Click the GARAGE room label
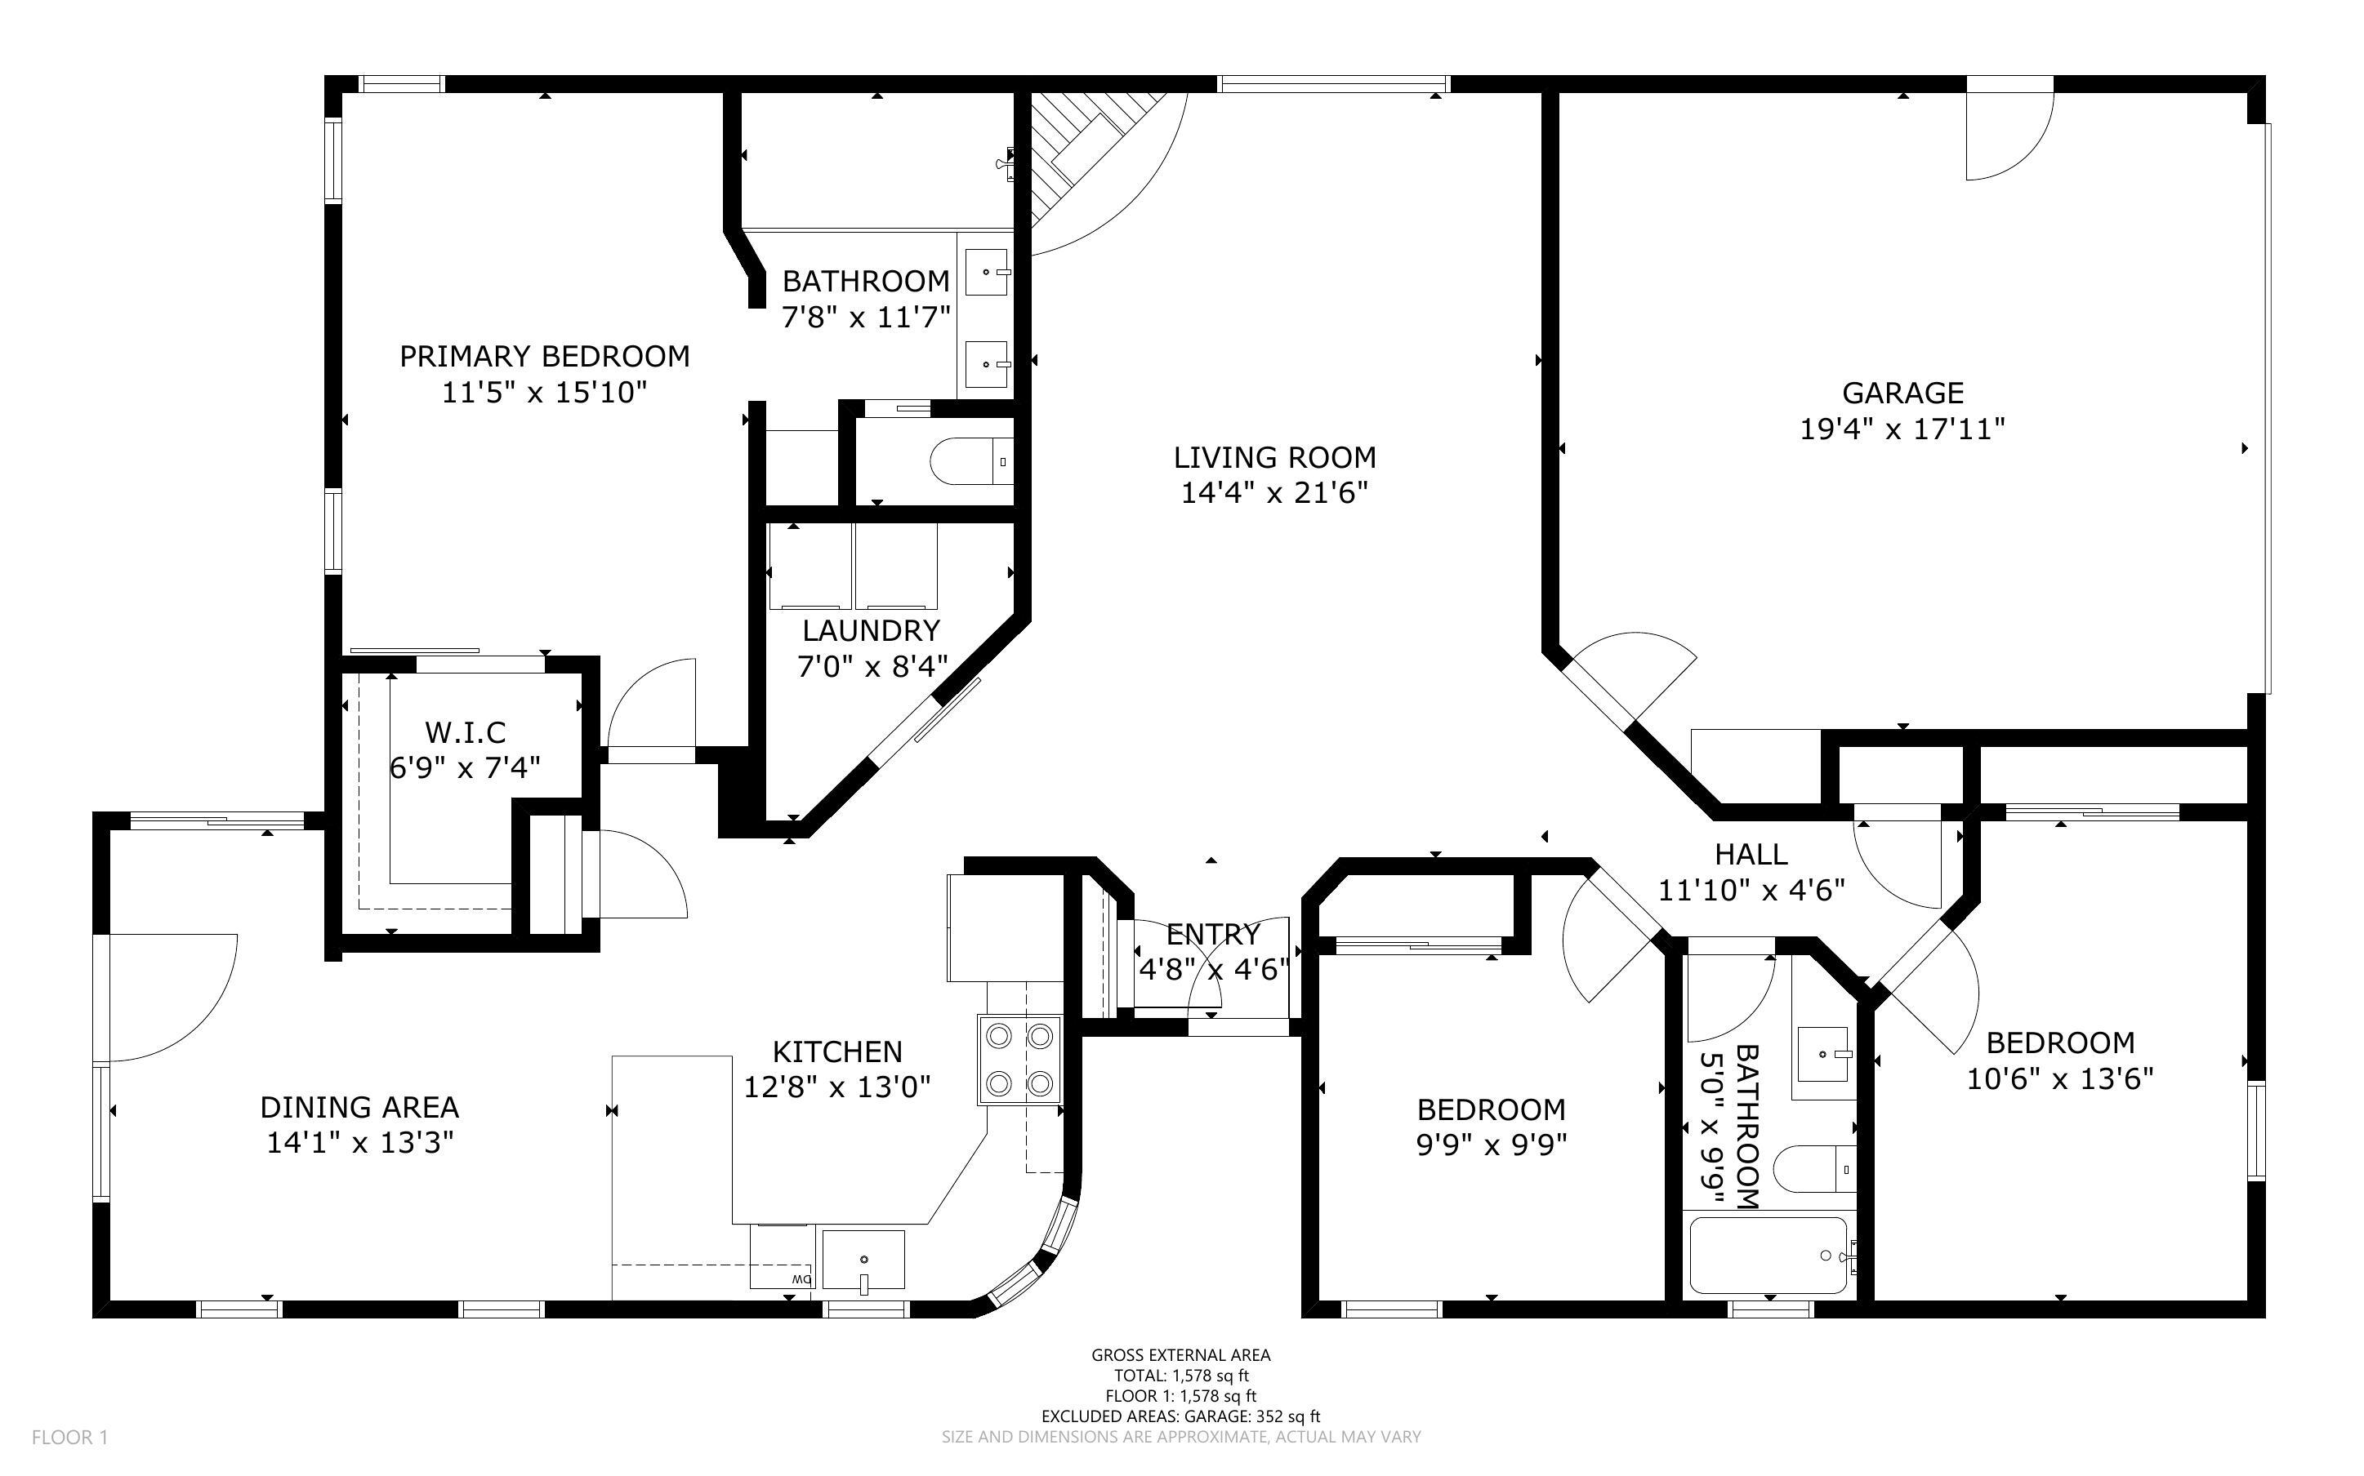click(1902, 393)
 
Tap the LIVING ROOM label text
click(1274, 457)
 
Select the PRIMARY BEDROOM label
click(544, 356)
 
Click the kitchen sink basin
click(863, 1260)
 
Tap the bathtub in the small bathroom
click(1769, 1256)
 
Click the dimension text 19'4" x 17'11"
click(1902, 429)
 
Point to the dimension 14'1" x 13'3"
click(360, 1142)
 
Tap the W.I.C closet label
click(466, 732)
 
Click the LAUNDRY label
click(871, 630)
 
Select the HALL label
click(1751, 854)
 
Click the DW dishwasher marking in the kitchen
click(801, 1278)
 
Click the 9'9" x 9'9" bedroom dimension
click(1491, 1144)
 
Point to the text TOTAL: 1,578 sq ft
click(1181, 1376)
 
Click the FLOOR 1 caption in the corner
click(69, 1437)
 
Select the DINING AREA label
click(359, 1107)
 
